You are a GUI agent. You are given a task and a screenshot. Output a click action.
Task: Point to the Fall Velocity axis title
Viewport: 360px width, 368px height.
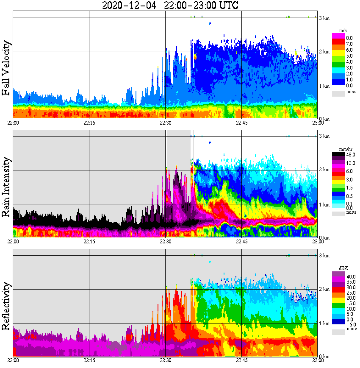coord(6,68)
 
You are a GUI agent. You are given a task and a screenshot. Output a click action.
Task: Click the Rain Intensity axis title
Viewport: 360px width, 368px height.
coord(6,187)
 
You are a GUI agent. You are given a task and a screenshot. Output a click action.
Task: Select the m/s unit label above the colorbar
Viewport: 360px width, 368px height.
coord(342,31)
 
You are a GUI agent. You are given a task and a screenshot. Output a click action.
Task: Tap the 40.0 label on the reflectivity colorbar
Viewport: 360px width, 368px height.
coord(350,276)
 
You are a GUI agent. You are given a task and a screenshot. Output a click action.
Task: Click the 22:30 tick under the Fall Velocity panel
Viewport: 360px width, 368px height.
coord(165,123)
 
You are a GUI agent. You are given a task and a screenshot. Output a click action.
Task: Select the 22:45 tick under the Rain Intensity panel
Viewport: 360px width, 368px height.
coord(241,242)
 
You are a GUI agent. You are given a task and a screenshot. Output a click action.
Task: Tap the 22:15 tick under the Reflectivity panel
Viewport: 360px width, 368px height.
coord(89,360)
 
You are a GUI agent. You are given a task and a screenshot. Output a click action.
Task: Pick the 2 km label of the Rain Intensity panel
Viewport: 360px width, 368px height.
coord(324,170)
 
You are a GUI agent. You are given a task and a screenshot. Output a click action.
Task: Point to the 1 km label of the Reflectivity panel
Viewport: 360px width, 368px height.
coord(324,323)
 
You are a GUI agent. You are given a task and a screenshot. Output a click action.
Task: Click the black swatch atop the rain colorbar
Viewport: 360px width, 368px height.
coord(338,155)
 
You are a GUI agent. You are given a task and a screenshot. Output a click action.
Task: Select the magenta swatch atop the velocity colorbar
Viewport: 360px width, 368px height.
coord(338,36)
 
